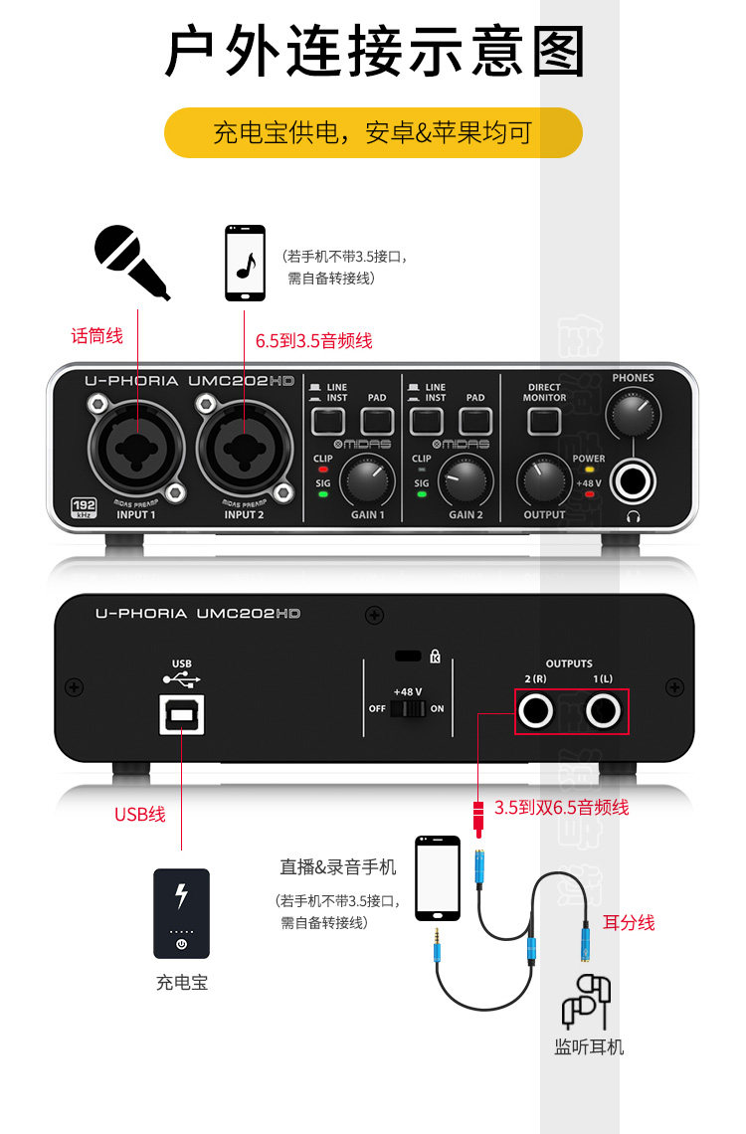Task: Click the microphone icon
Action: pos(130,261)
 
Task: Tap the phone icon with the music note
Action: pos(245,264)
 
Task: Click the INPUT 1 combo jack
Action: pos(135,449)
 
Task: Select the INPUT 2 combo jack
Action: pos(244,449)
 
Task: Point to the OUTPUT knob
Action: pos(543,481)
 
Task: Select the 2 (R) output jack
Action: pos(536,711)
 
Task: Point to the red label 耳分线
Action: pos(629,922)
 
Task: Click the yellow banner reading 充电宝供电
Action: pos(373,132)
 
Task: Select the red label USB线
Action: pos(140,814)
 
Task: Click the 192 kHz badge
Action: pos(83,507)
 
